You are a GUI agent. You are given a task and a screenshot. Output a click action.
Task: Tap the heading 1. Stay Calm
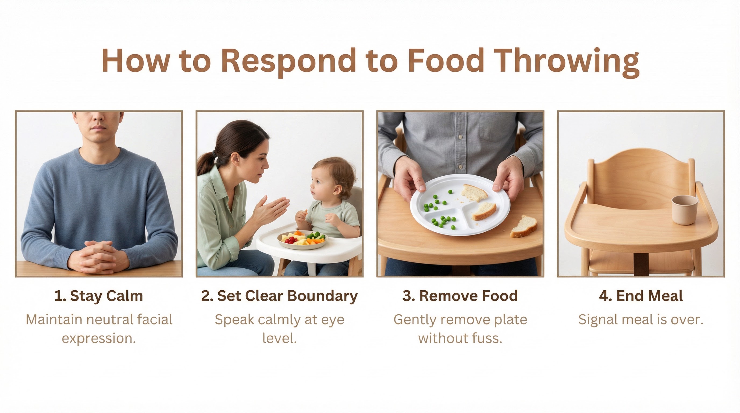coord(98,296)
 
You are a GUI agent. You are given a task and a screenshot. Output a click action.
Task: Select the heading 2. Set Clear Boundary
coord(279,296)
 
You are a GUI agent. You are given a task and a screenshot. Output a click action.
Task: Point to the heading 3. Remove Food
coord(460,296)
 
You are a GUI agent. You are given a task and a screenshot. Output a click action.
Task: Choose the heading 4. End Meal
coord(641,296)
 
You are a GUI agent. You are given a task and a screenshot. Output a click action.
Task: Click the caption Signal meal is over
coord(641,319)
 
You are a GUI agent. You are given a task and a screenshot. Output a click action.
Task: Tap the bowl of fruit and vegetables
coord(302,240)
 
